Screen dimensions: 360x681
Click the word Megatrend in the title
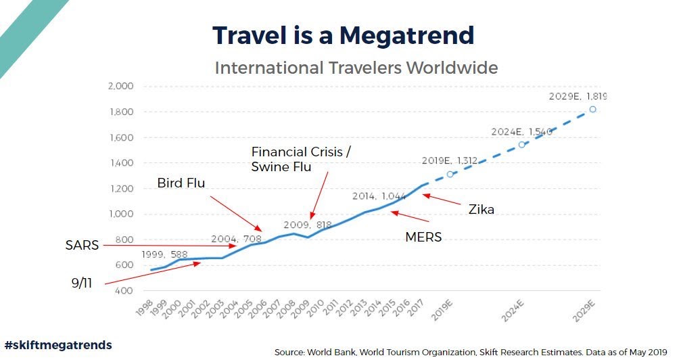click(x=408, y=35)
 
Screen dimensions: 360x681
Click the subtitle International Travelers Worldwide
click(x=356, y=68)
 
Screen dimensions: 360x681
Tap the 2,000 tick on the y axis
click(x=121, y=87)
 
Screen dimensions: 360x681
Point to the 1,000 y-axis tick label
click(x=121, y=215)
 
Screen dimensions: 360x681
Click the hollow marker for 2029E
click(x=592, y=109)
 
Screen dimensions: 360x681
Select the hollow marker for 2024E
click(x=521, y=144)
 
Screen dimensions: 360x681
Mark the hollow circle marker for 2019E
click(x=450, y=174)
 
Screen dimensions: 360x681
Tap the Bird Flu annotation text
click(x=181, y=183)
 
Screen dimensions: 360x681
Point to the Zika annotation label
click(x=482, y=210)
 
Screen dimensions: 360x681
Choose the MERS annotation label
click(x=423, y=238)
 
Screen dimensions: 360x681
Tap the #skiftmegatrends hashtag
click(x=58, y=345)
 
